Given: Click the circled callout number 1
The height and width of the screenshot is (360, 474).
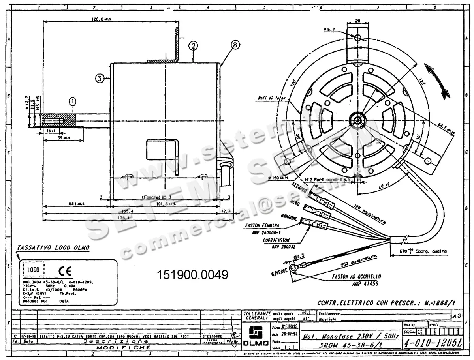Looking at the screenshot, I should (x=72, y=101).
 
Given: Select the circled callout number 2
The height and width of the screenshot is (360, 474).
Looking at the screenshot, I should (x=193, y=46).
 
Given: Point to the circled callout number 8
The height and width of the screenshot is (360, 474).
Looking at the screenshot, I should (x=235, y=46).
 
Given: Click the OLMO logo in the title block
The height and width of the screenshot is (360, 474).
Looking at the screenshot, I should (x=256, y=335).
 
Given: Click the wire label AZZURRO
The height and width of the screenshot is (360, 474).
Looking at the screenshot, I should (x=299, y=187).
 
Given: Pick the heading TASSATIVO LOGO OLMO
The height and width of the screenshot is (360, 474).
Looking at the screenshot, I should (x=53, y=248).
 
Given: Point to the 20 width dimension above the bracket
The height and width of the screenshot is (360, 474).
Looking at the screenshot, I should (x=358, y=21).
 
